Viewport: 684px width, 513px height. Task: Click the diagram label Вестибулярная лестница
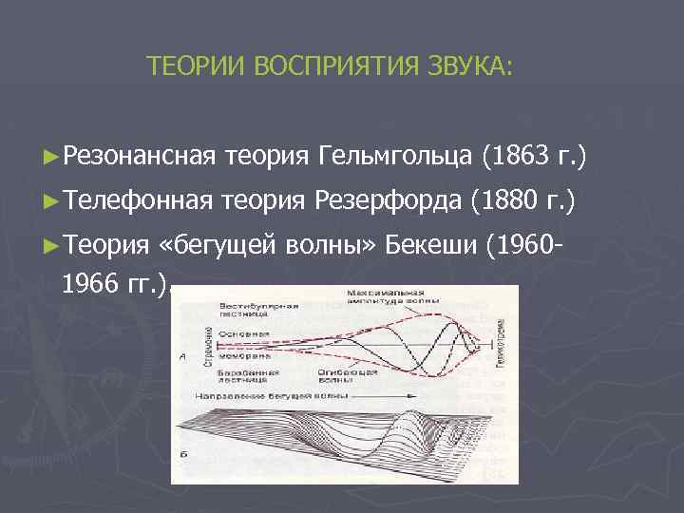(x=258, y=312)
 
